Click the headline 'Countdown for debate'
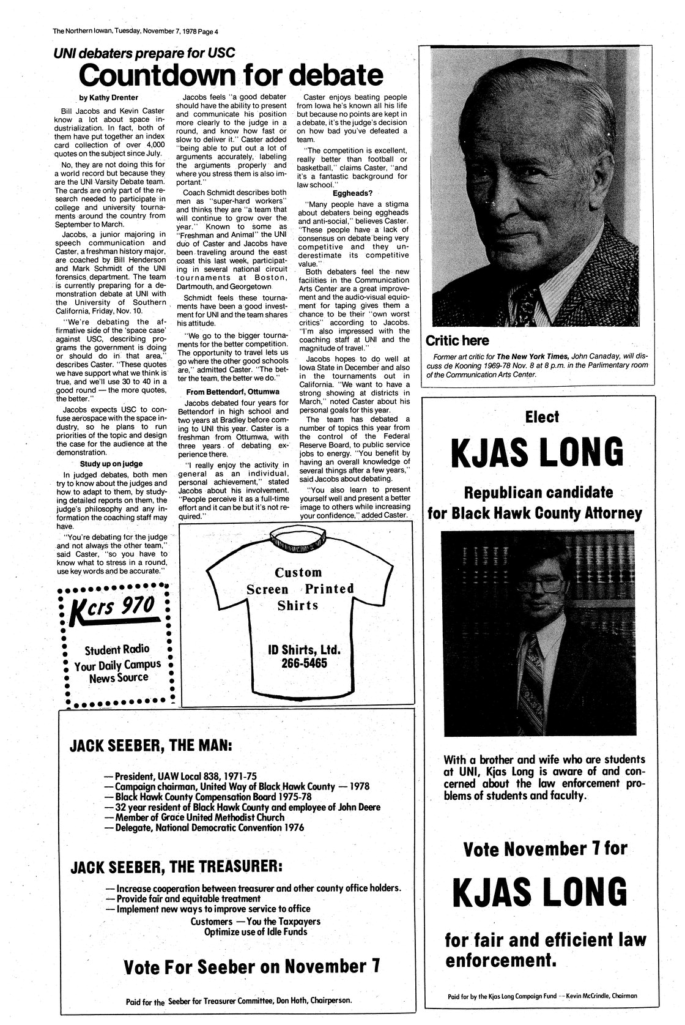231,75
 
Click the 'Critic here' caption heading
457,340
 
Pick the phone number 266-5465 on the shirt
297,663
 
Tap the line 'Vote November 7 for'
545,849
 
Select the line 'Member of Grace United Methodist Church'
195,817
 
